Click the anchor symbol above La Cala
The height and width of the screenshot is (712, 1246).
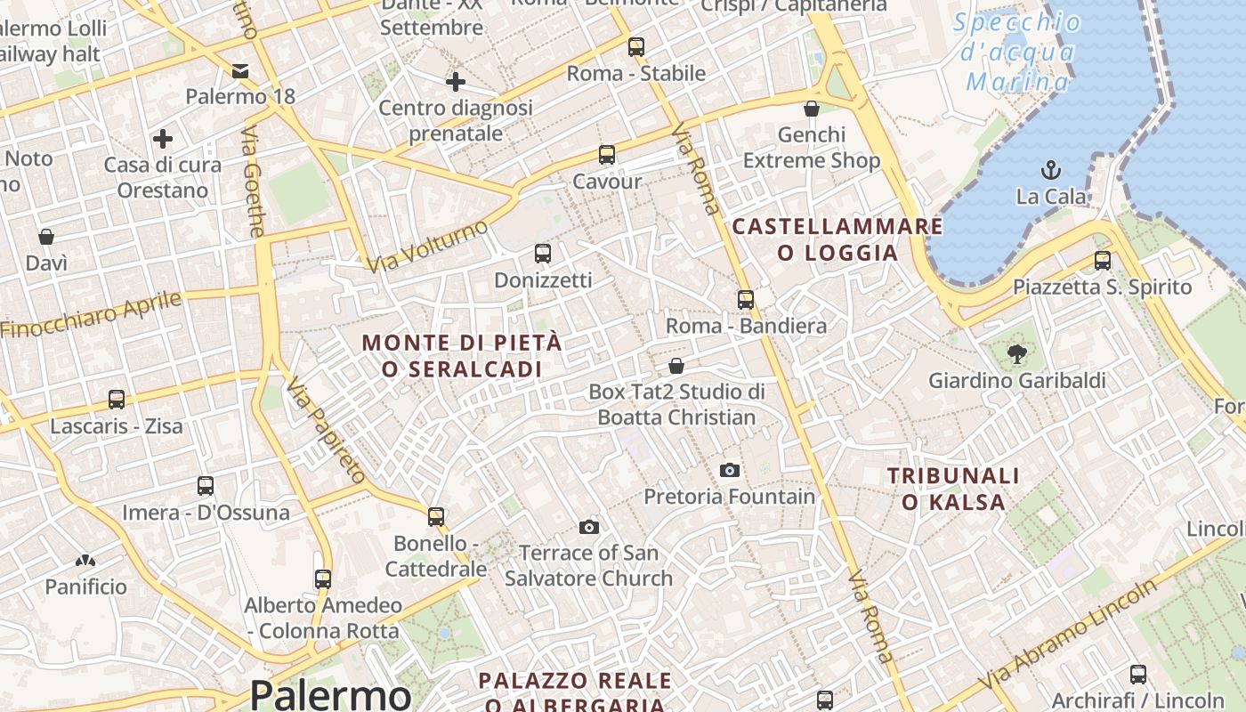(x=1051, y=169)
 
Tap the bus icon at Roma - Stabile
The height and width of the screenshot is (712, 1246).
(x=635, y=47)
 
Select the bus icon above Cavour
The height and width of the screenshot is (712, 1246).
(x=607, y=155)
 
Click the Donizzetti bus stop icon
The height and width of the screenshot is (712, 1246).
(x=543, y=254)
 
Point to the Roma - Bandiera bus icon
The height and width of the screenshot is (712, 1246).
(x=746, y=300)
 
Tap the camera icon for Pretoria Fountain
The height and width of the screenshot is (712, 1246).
(x=730, y=470)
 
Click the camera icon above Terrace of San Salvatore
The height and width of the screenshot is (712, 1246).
(x=588, y=527)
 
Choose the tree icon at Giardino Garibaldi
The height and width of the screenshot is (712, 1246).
(x=1016, y=354)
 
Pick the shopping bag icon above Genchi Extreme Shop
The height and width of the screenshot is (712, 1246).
(x=811, y=109)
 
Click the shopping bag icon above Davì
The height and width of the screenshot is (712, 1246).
(x=46, y=237)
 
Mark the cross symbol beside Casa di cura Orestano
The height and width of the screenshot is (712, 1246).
(x=163, y=139)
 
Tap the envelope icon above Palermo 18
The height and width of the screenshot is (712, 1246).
(x=240, y=70)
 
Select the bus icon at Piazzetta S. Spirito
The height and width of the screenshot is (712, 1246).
(x=1103, y=261)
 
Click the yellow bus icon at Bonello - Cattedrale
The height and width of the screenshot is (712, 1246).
(x=436, y=516)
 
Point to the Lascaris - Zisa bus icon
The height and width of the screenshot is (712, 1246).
(x=117, y=400)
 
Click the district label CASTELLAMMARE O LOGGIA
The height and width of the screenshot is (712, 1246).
(x=837, y=239)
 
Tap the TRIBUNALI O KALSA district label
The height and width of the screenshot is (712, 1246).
(x=953, y=489)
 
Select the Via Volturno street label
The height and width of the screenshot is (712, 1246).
(x=428, y=247)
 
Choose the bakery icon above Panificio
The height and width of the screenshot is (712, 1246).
(x=85, y=561)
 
